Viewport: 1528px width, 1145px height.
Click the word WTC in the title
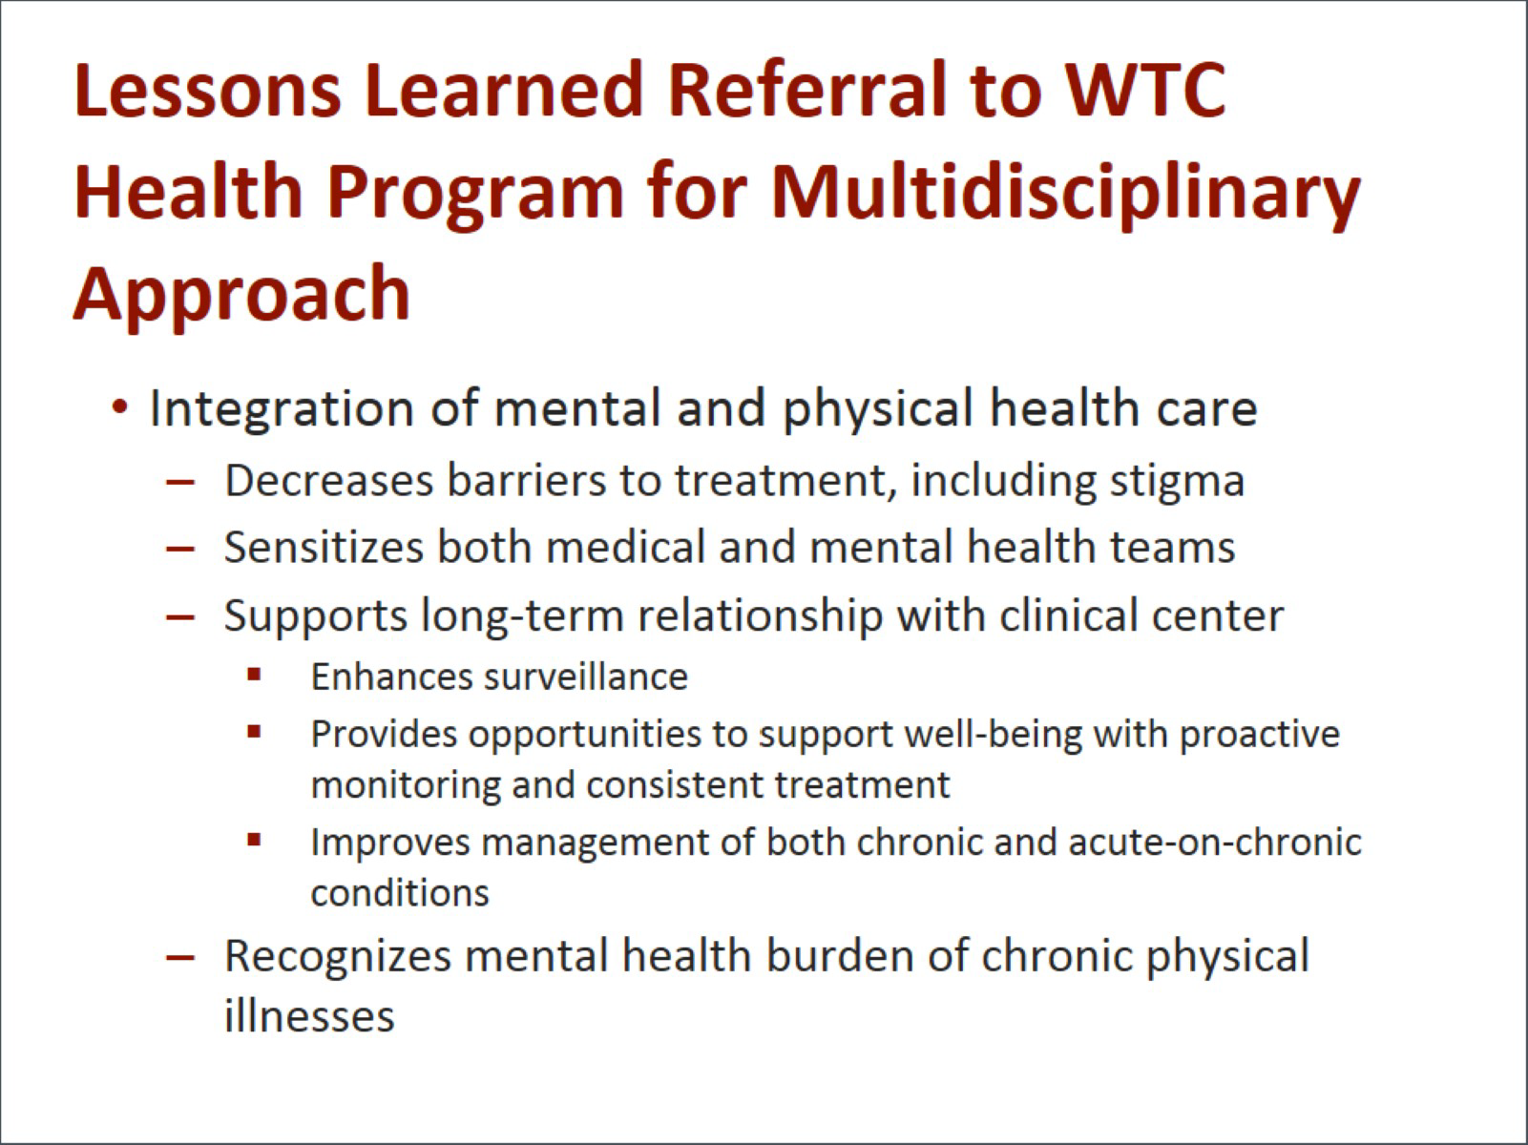(x=1145, y=90)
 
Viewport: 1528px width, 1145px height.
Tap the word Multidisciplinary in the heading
(x=1066, y=196)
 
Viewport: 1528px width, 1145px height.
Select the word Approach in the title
(x=241, y=297)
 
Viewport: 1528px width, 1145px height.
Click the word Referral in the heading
(x=807, y=90)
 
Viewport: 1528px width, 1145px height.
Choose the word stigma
(x=1177, y=483)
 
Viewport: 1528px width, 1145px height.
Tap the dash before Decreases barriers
(x=180, y=481)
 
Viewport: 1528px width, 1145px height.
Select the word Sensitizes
(x=324, y=547)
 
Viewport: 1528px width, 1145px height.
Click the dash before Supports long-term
(x=180, y=616)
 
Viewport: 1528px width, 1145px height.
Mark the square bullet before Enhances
(x=254, y=674)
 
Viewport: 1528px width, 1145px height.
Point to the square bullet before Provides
(x=254, y=731)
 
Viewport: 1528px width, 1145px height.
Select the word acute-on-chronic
(x=1215, y=843)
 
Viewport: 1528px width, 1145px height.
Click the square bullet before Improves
(x=254, y=840)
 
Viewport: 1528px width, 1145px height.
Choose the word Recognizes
(x=338, y=957)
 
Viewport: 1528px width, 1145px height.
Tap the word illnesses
(x=310, y=1016)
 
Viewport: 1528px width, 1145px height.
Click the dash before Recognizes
(x=180, y=957)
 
